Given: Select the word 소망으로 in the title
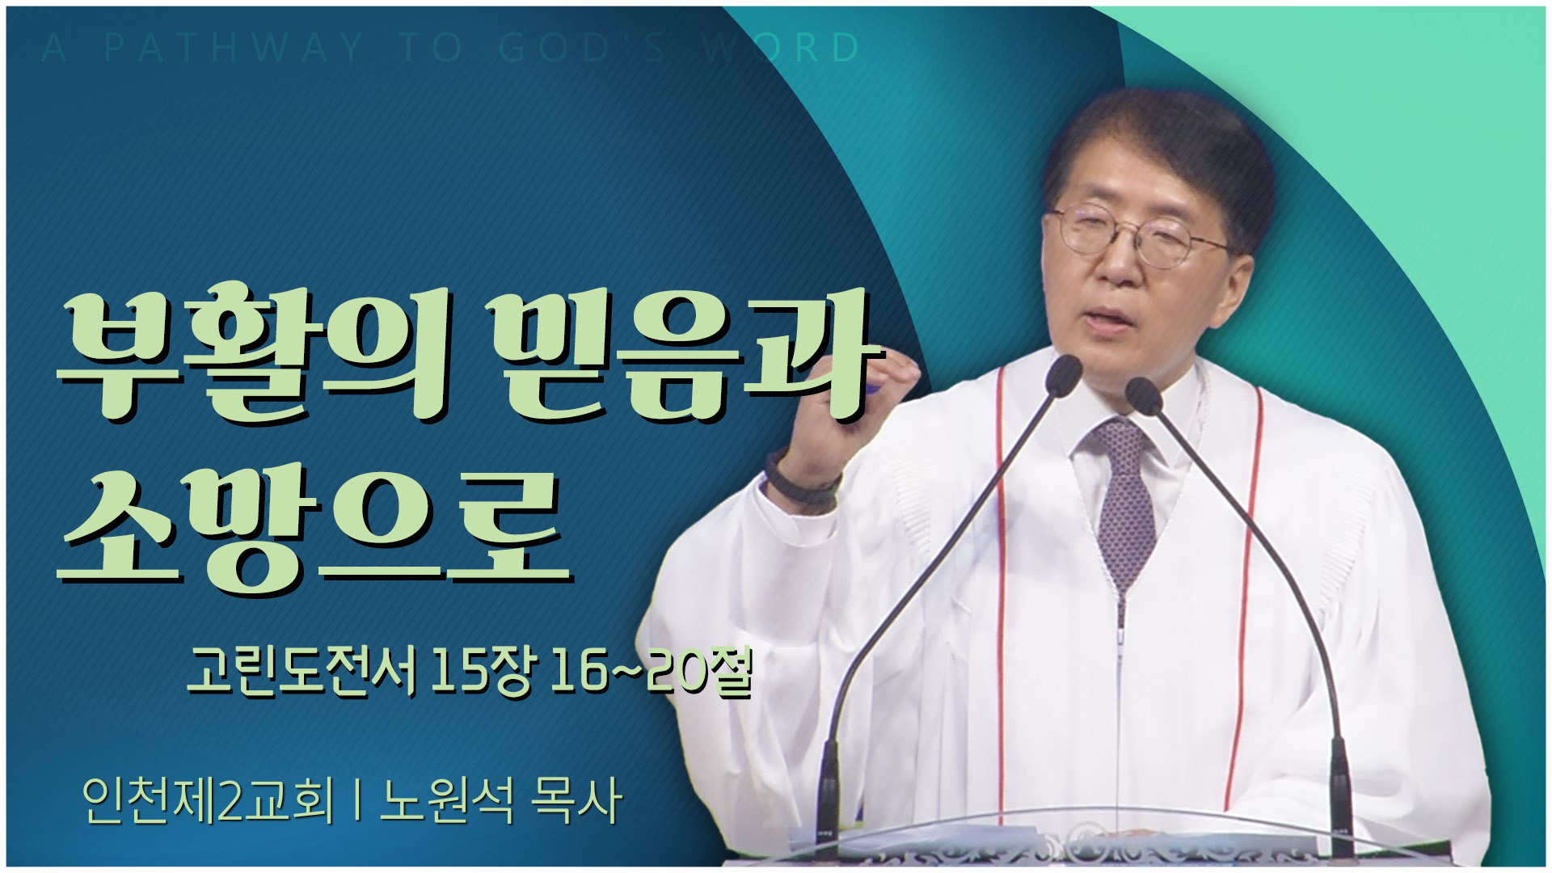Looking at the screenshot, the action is [x=315, y=529].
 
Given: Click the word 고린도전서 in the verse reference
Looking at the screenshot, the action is [x=302, y=671].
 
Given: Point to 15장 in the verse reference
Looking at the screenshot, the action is [x=482, y=671].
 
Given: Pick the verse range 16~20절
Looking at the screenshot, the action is [x=652, y=671].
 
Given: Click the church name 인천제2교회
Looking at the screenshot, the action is [x=208, y=800].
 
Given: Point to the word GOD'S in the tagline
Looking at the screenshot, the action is [x=583, y=48].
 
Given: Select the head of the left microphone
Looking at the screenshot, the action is [x=1062, y=374].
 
